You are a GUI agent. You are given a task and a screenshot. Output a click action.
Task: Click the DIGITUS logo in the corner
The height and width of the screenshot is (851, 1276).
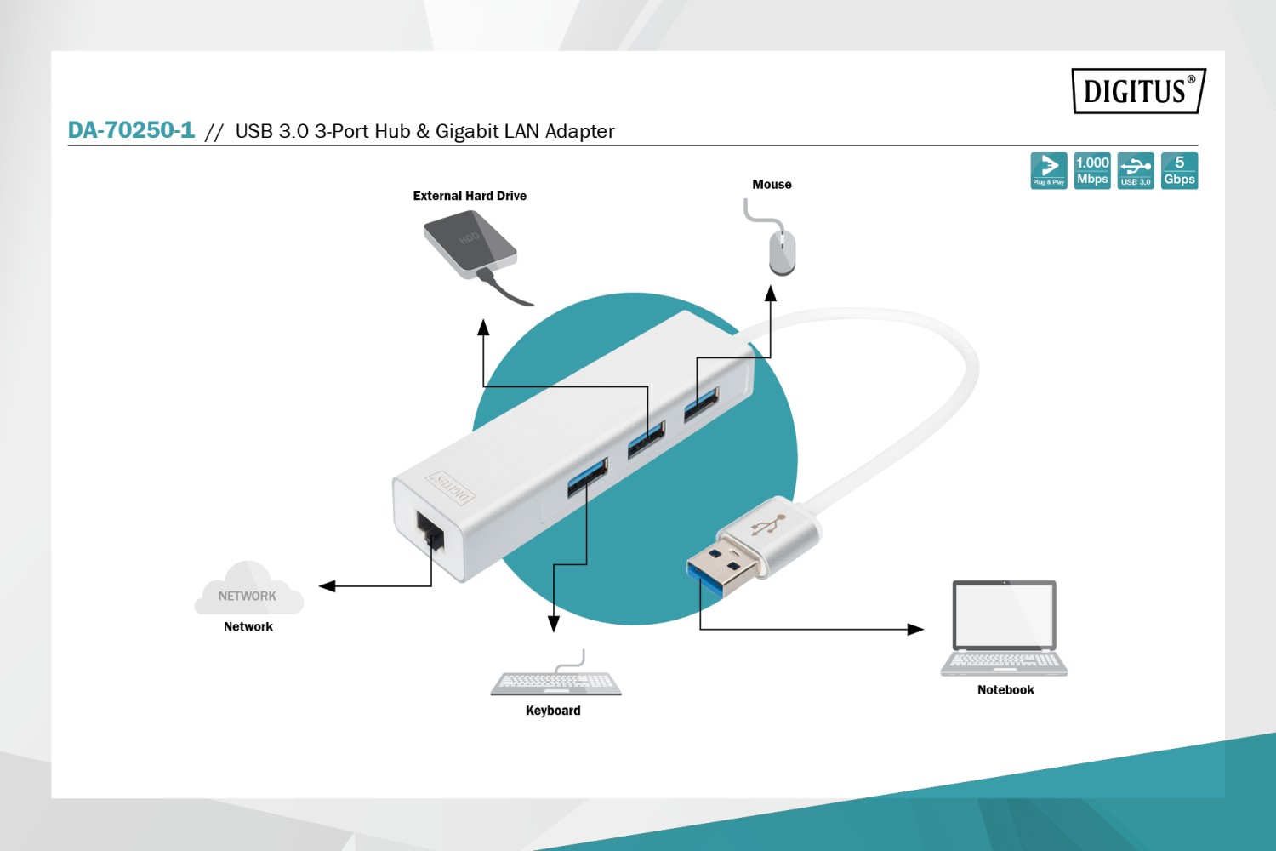pos(1137,90)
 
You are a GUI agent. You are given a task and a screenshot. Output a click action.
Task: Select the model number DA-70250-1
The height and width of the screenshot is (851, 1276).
pos(131,130)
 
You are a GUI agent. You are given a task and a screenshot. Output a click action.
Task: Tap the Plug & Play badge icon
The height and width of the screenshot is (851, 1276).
pos(1048,170)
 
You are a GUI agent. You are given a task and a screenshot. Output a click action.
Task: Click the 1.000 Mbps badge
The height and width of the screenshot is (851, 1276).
pos(1092,170)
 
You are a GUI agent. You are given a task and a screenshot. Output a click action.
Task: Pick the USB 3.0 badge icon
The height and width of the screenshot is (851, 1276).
pos(1136,170)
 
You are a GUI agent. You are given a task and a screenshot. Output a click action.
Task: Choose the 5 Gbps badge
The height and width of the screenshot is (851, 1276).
pos(1179,170)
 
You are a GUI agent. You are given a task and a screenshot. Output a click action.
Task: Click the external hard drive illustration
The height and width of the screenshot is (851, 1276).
pos(470,246)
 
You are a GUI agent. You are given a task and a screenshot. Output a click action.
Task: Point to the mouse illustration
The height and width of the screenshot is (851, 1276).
pos(782,251)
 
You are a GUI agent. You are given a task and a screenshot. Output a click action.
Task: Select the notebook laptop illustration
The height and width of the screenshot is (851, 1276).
pos(1005,629)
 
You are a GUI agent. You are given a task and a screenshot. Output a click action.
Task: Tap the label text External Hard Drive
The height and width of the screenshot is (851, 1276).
pos(470,196)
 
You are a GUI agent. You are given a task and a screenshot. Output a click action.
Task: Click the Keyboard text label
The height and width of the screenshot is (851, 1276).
pos(553,711)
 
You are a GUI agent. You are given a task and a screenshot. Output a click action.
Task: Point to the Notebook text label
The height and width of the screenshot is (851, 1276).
pos(1005,690)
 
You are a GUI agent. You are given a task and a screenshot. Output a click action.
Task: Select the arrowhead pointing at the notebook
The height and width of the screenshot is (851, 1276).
pos(915,630)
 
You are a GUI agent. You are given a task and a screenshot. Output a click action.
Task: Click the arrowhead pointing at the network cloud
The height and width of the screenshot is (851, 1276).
pos(328,585)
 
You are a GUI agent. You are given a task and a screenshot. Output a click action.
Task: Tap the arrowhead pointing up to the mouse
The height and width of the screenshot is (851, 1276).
pos(771,294)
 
